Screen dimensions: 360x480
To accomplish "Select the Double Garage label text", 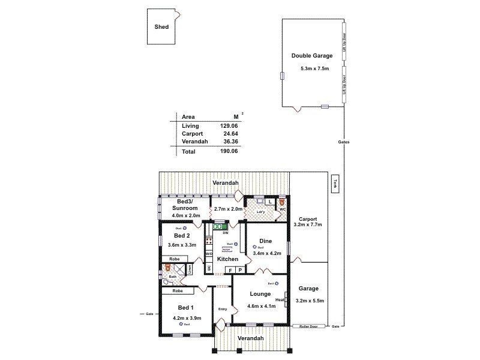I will [x=312, y=55].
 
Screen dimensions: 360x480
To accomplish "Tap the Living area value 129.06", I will [x=230, y=125].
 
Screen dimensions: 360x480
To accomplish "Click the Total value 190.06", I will [x=230, y=152].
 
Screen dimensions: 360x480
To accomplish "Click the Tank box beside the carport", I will [x=336, y=184].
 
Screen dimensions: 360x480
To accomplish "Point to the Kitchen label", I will [x=227, y=259].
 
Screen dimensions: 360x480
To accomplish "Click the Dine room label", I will [x=266, y=241].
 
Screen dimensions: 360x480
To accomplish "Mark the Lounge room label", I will [x=261, y=295].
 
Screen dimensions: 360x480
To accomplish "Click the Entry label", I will [x=223, y=310].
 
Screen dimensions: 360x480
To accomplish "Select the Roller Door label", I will [x=308, y=326].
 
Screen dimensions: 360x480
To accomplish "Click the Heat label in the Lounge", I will [x=280, y=300].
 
